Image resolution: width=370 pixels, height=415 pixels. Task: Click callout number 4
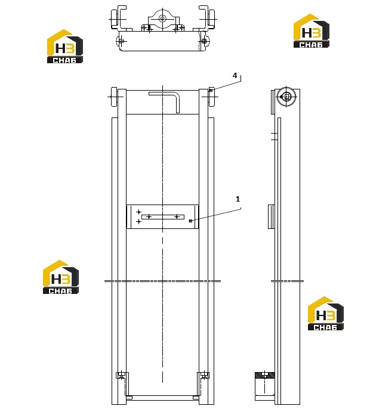(235, 76)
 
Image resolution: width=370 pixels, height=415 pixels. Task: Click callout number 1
(238, 199)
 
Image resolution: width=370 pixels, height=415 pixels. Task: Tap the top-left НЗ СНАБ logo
(65, 47)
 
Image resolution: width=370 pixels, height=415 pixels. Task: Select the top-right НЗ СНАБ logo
(311, 31)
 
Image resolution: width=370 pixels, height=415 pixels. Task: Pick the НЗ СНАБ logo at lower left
(61, 277)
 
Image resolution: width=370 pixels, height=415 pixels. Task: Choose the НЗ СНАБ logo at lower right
(325, 314)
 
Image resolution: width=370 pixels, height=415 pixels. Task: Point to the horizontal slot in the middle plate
(163, 217)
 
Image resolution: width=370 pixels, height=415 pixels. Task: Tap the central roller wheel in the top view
(162, 18)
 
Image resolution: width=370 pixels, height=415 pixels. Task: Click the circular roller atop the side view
(286, 97)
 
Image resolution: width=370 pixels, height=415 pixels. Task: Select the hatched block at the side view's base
(264, 375)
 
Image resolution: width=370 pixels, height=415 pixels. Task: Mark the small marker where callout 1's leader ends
(190, 221)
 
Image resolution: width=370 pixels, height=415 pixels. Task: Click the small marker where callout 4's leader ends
(211, 91)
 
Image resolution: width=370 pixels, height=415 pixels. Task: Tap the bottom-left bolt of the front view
(122, 375)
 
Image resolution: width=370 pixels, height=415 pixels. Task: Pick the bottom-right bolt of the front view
(204, 375)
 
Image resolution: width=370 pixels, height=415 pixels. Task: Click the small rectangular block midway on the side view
(271, 216)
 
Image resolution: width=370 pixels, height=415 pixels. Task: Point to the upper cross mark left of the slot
(139, 212)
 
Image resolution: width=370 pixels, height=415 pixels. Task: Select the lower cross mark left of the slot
(139, 221)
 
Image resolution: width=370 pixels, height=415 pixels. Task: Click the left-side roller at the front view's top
(114, 97)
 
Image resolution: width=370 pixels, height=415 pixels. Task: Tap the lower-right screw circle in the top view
(204, 41)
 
